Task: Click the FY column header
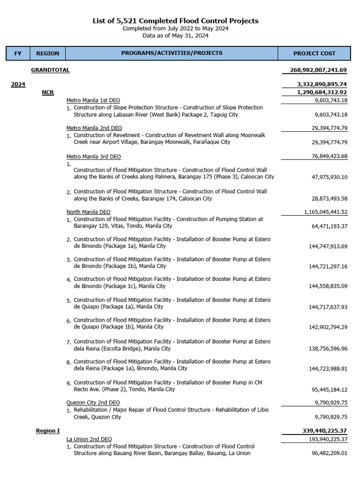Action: coord(18,53)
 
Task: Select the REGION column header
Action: coord(48,53)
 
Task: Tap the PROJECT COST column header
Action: coord(314,53)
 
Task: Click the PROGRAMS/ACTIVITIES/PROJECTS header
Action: coord(172,53)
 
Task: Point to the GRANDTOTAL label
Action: coord(50,70)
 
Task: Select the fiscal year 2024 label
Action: coord(18,84)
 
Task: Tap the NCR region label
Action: coord(48,92)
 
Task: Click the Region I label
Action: coord(48,431)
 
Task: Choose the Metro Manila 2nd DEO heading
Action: coord(94,128)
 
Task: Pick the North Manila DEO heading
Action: coord(89,212)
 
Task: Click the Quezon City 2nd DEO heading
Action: coord(93,403)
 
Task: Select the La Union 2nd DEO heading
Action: coord(89,439)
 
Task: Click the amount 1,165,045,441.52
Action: coord(326,212)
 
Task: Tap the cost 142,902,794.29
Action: coord(328,327)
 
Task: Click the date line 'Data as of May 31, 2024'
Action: coord(175,35)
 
